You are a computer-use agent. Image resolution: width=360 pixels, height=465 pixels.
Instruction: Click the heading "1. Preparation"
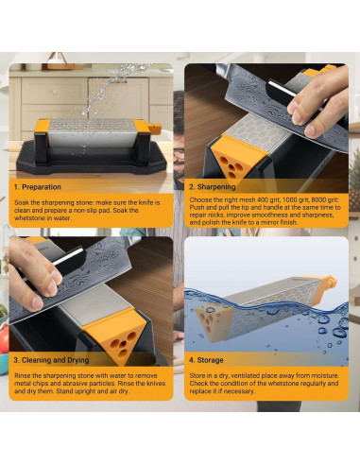click(37, 187)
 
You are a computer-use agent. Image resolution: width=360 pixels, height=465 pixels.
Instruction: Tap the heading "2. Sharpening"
click(212, 187)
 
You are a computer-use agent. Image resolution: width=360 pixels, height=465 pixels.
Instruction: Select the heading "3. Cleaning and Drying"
click(51, 360)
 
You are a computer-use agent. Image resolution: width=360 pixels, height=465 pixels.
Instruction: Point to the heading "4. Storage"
click(206, 360)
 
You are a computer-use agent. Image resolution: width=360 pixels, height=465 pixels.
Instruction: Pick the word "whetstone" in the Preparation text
click(27, 218)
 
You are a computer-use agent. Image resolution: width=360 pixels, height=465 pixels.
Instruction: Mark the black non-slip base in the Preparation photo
click(91, 158)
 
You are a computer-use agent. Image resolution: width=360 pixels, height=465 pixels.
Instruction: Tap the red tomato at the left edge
click(4, 338)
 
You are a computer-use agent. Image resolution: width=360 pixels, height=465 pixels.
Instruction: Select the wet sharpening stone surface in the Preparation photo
click(92, 124)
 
